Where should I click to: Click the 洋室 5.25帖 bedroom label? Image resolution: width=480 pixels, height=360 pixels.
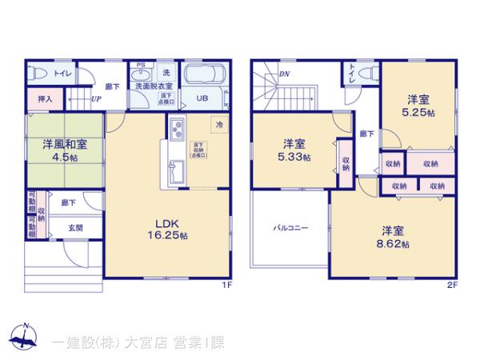(x=418, y=106)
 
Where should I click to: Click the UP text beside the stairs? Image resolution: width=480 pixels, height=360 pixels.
(x=95, y=100)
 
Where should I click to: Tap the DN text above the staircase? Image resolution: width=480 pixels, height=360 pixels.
(x=283, y=75)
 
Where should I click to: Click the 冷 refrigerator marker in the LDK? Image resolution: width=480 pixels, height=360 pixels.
(x=217, y=124)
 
